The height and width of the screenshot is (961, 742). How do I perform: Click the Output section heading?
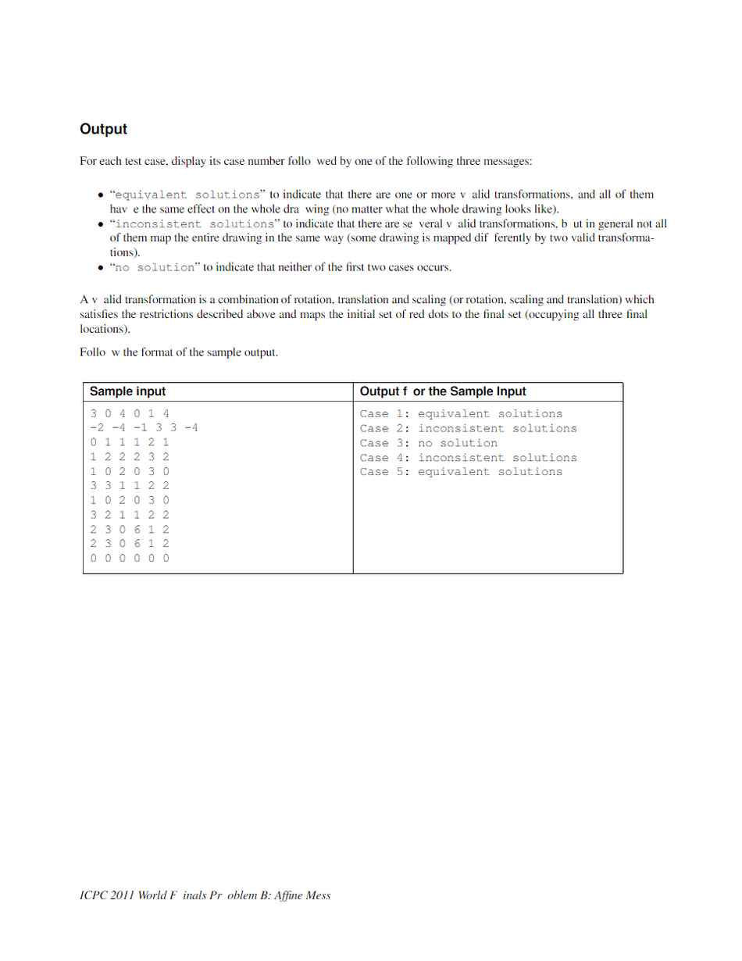tap(103, 129)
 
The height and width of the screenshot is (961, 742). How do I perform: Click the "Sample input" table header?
tap(128, 391)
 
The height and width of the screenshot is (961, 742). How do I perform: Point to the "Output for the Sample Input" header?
tap(443, 391)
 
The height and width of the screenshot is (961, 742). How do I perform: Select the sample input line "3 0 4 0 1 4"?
tap(130, 414)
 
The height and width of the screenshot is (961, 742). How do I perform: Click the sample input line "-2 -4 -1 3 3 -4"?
tap(144, 428)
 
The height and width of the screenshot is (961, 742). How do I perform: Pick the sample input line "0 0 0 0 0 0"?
tap(130, 558)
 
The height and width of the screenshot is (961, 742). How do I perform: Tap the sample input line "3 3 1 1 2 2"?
tap(130, 486)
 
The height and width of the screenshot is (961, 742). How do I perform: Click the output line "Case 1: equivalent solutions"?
tap(461, 414)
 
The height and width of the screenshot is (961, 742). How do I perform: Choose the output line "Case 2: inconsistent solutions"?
tap(468, 428)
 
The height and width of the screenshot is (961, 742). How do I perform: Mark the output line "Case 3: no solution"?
tap(428, 443)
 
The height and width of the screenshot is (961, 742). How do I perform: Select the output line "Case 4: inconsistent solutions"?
tap(468, 458)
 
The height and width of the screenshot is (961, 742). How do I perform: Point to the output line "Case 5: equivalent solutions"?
tap(461, 472)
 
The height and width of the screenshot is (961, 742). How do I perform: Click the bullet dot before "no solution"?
tap(101, 268)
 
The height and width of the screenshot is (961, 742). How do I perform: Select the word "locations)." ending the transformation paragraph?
tap(104, 329)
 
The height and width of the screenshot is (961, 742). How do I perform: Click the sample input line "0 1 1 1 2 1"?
tap(130, 443)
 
